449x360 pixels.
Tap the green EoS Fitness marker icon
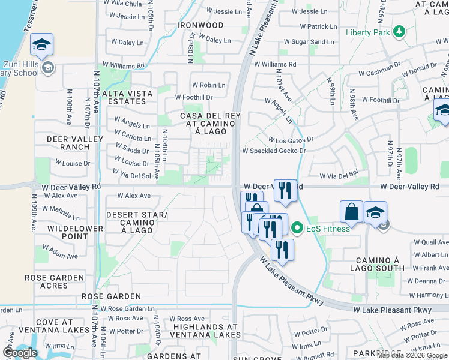click(x=297, y=228)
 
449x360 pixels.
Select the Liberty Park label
click(x=368, y=32)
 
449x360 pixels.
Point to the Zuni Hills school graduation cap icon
click(x=42, y=45)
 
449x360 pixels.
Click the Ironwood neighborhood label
click(x=200, y=26)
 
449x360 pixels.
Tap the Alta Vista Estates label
click(x=124, y=97)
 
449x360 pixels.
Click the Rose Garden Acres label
click(x=55, y=282)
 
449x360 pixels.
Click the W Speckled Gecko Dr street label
click(x=274, y=151)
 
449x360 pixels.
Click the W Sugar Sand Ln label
click(x=309, y=42)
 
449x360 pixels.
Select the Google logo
click(x=20, y=353)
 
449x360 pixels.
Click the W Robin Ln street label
click(x=208, y=85)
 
